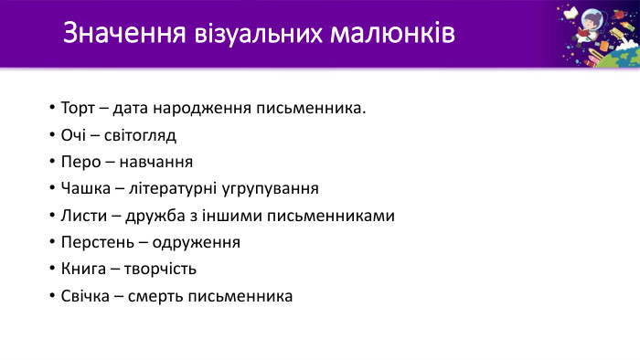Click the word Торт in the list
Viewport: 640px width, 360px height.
[x=78, y=109]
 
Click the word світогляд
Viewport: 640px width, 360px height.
[x=139, y=136]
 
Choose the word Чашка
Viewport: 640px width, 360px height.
[x=85, y=189]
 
